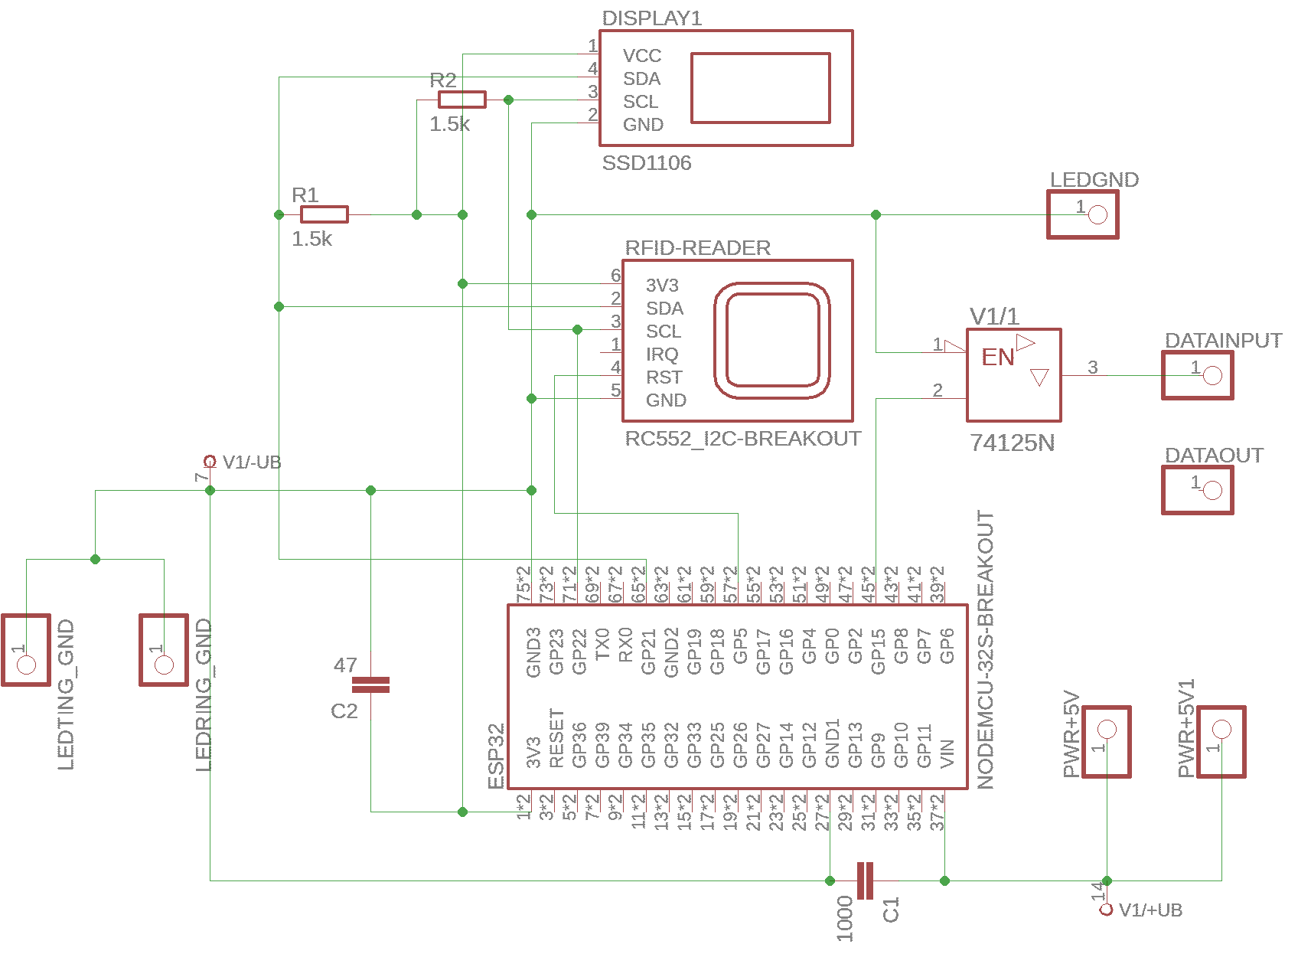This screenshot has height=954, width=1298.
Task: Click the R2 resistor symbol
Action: click(461, 100)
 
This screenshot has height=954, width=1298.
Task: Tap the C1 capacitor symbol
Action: click(865, 880)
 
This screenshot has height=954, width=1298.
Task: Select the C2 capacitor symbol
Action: click(370, 684)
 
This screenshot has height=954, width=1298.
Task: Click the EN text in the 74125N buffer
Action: click(998, 358)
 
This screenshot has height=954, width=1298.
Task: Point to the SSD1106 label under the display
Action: click(647, 163)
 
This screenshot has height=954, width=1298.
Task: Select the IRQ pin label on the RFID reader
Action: click(662, 354)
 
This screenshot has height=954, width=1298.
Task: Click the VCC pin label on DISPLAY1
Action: click(641, 56)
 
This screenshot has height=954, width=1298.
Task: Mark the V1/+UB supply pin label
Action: click(1150, 910)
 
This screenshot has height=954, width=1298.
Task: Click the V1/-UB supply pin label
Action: click(252, 462)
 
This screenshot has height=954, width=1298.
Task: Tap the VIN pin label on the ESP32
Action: click(947, 753)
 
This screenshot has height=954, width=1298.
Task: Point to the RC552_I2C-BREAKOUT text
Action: click(743, 439)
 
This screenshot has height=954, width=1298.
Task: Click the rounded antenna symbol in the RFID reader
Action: click(773, 341)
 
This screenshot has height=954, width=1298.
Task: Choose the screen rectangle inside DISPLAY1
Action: click(761, 88)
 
